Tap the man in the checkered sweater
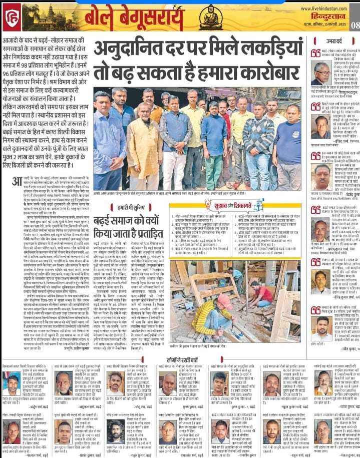(258, 145)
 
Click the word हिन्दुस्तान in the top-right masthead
(330, 18)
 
